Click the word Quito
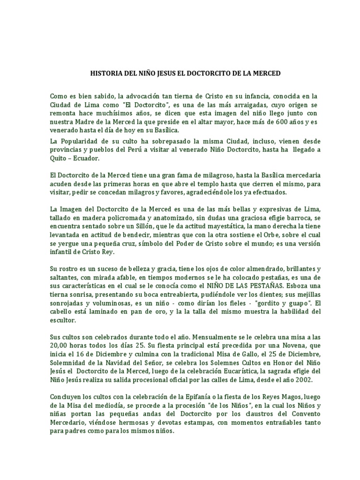[58, 158]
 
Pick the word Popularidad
[82, 140]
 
